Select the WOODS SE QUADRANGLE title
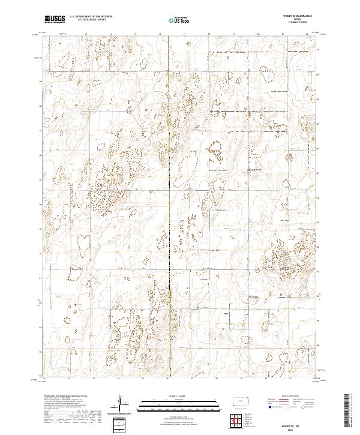click(298, 17)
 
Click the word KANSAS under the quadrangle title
click(298, 20)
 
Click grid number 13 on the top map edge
click(86, 35)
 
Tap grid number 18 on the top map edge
click(209, 35)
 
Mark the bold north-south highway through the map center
click(169, 180)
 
